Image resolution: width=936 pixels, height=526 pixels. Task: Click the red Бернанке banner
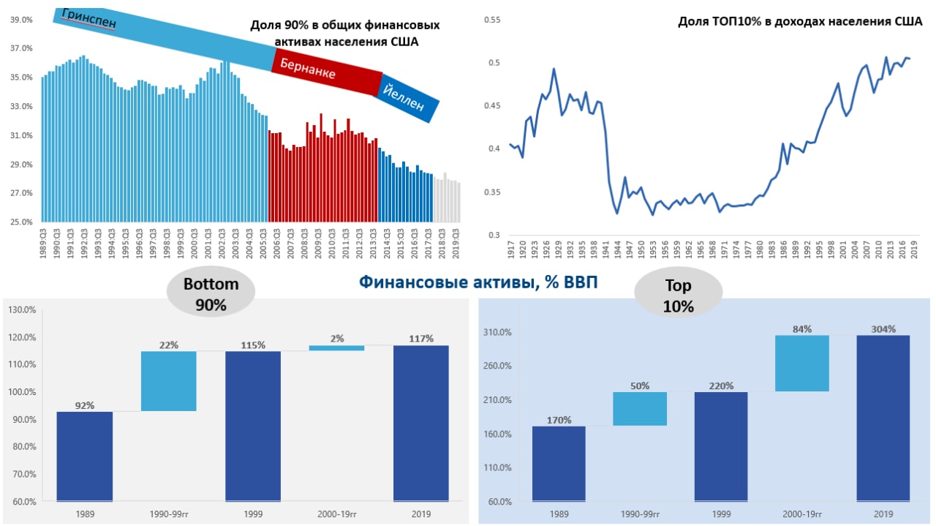[x=326, y=72]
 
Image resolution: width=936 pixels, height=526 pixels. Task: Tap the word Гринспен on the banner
[x=89, y=18]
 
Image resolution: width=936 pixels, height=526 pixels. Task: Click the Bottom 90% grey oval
[x=211, y=295]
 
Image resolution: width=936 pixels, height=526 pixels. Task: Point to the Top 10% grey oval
[x=678, y=296]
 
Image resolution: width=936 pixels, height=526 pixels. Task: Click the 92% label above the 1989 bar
[x=85, y=405]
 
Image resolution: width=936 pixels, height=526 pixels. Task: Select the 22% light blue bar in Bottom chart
[x=169, y=381]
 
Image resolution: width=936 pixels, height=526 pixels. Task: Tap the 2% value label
[x=337, y=339]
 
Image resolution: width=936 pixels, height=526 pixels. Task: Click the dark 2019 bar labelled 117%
[x=421, y=423]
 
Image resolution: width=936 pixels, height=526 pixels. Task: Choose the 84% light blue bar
[x=802, y=363]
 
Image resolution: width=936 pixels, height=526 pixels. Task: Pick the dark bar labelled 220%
[x=720, y=446]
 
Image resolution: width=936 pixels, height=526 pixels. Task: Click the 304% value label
[x=883, y=329]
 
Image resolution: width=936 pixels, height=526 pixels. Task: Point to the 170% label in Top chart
[x=559, y=420]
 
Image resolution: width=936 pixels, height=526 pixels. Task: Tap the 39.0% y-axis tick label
[x=21, y=20]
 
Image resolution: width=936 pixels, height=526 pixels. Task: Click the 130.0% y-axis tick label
[x=22, y=310]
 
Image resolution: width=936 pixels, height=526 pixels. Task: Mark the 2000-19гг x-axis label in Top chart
[x=802, y=514]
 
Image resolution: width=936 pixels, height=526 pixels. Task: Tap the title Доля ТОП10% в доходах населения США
[x=799, y=22]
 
